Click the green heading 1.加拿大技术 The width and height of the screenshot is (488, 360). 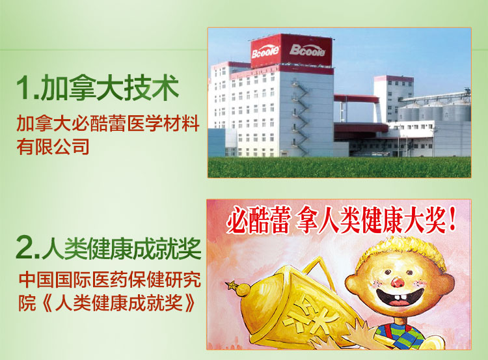(x=98, y=88)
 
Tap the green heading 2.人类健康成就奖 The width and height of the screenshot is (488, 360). (x=109, y=248)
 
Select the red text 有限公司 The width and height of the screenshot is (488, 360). (x=53, y=146)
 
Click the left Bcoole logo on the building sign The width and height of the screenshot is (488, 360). (x=265, y=52)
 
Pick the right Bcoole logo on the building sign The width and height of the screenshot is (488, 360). (x=307, y=50)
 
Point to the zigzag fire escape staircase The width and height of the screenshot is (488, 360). (x=299, y=117)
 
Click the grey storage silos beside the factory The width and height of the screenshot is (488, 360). (x=435, y=111)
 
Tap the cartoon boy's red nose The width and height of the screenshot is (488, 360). (x=398, y=282)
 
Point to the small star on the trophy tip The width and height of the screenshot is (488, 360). (x=230, y=284)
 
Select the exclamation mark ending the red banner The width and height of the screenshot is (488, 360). (x=452, y=219)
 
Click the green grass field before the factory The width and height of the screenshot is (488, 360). (x=339, y=167)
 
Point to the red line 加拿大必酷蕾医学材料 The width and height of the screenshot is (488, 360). (x=108, y=124)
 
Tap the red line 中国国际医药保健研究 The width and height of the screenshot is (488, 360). (x=110, y=280)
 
